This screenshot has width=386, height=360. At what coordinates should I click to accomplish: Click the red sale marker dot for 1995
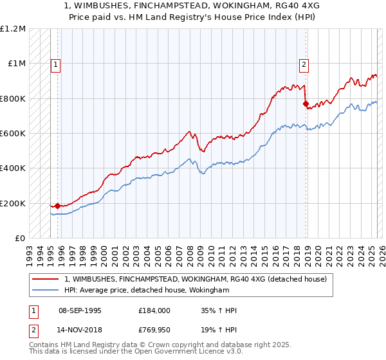coord(57,206)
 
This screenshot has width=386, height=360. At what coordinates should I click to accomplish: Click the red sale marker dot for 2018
coord(306,103)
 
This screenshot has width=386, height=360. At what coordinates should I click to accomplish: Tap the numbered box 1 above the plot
coord(56,64)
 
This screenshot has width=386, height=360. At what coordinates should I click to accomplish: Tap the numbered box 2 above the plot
coord(303,64)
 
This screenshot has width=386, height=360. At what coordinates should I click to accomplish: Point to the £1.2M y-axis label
coord(14,29)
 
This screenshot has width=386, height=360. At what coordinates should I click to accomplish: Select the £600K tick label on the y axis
coord(13,134)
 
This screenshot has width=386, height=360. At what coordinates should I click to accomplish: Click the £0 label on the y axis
coord(19,239)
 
